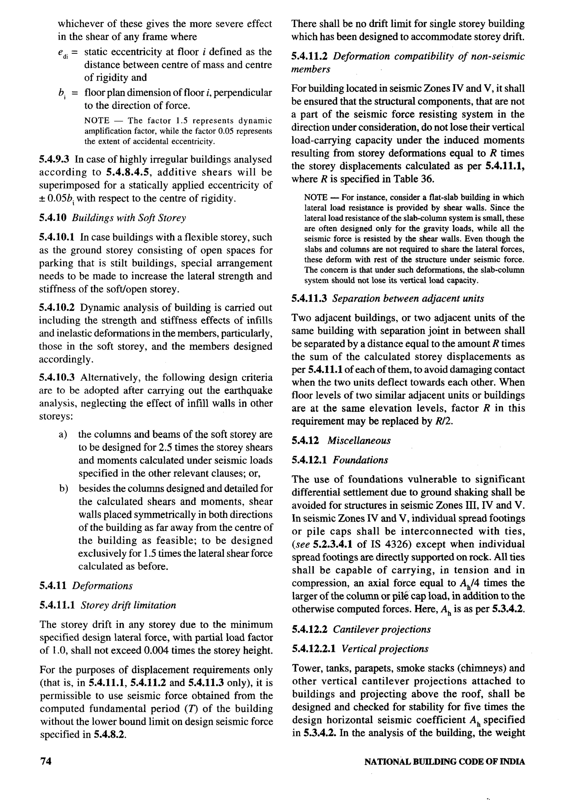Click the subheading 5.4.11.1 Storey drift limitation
point(108,605)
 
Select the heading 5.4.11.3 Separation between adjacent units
point(388,299)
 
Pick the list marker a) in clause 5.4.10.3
point(63,435)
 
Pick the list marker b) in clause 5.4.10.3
point(63,489)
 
